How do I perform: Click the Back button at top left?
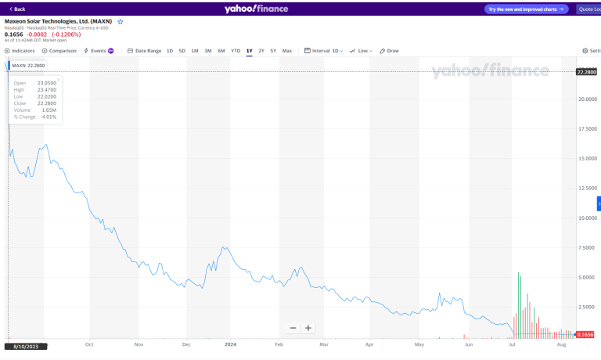coord(16,9)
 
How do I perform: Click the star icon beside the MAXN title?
coord(121,22)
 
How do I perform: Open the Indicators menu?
coord(20,51)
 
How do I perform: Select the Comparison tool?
coord(59,51)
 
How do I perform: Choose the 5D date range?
coord(182,51)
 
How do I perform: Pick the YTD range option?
coord(236,51)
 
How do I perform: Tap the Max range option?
coord(287,51)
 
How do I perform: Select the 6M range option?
coord(221,51)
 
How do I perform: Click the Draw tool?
coord(390,51)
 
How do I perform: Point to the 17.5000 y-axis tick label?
coord(588,129)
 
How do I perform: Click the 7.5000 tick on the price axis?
coord(588,248)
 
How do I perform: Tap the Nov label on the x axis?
coord(139,344)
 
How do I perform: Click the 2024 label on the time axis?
coord(230,344)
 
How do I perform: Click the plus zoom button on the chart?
coord(309,328)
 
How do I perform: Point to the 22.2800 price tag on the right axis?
coord(587,72)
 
